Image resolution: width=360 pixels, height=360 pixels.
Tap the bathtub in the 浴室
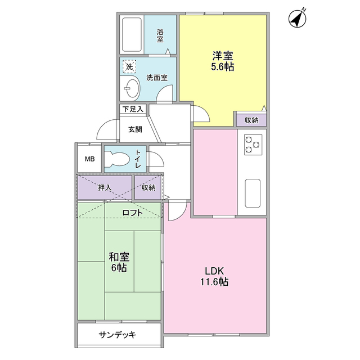[x=132, y=35]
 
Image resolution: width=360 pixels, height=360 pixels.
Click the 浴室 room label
[x=160, y=35]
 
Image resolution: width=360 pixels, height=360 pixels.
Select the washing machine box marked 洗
[x=129, y=66]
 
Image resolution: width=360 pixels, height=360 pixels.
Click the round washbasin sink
[x=132, y=88]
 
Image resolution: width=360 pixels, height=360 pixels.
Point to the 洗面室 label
[x=156, y=78]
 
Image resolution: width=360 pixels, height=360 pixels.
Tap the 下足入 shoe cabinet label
[x=133, y=109]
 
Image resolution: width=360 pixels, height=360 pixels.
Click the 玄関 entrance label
[x=134, y=129]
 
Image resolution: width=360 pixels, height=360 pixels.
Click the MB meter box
[x=89, y=159]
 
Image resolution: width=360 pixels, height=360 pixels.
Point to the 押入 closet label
[x=105, y=188]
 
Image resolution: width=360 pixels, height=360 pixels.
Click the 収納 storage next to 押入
[x=148, y=188]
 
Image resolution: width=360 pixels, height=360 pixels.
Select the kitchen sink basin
[x=252, y=193]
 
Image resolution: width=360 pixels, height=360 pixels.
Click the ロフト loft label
[x=133, y=213]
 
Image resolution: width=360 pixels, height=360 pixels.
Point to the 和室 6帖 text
[x=119, y=262]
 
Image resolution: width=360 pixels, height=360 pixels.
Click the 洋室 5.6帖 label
[x=223, y=61]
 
